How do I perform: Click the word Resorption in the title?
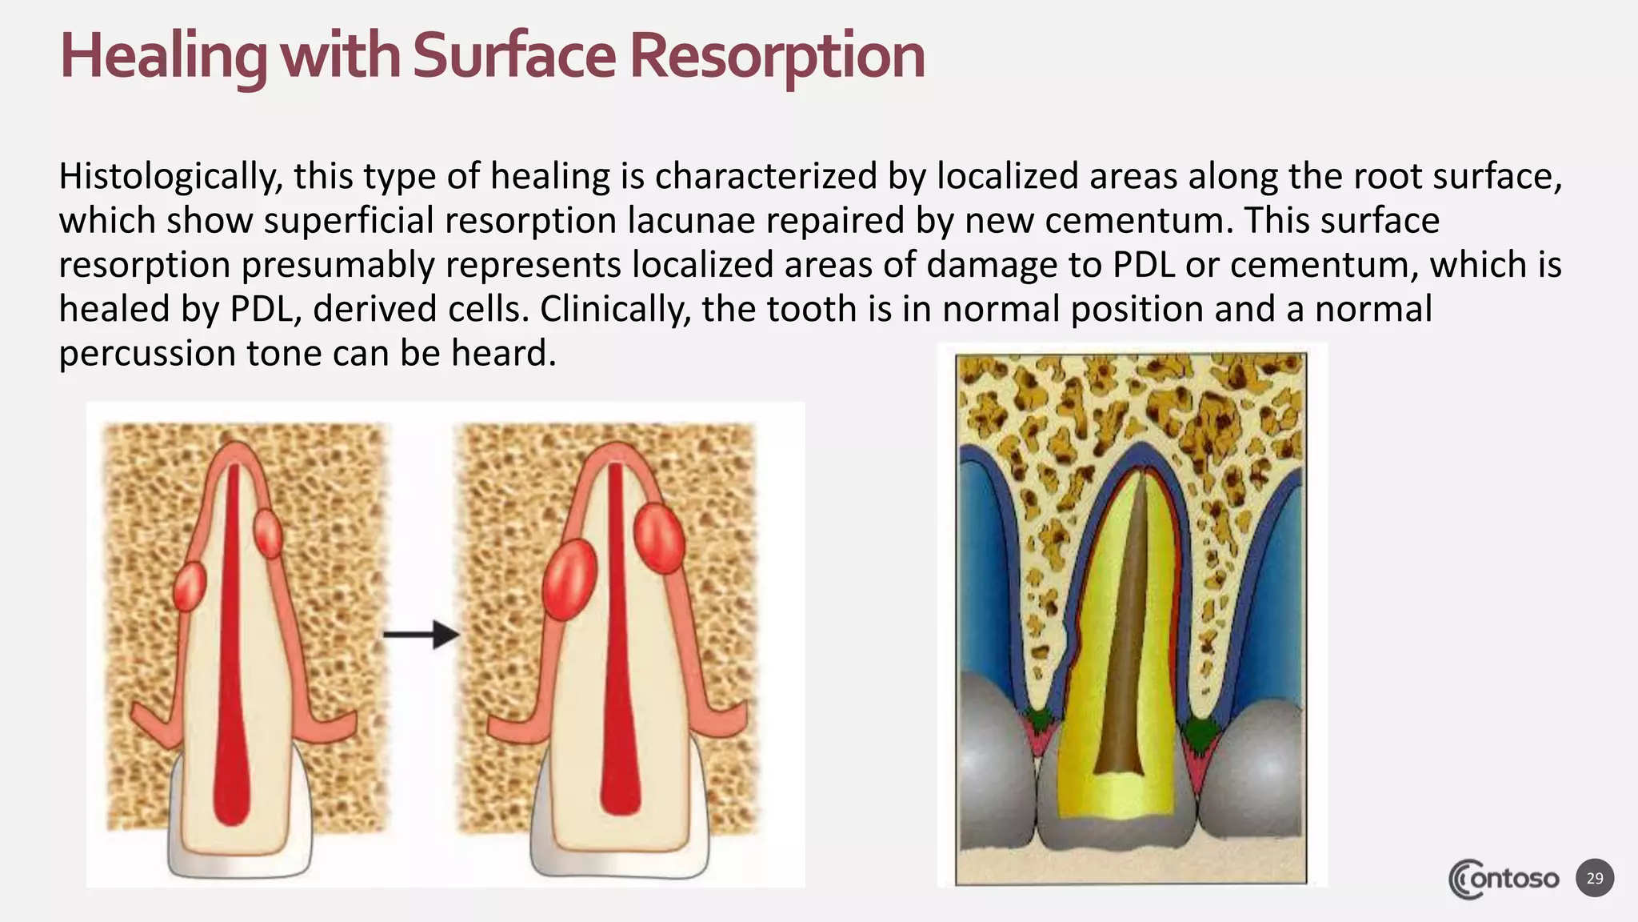point(777,56)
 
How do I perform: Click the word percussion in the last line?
point(146,353)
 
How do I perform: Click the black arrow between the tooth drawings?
point(421,635)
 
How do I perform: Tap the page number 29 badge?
point(1595,878)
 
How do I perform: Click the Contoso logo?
point(1504,879)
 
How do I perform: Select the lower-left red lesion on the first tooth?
point(190,587)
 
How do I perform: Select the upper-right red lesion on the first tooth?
point(268,532)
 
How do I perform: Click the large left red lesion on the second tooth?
point(569,578)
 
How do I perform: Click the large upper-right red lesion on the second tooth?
point(659,538)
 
